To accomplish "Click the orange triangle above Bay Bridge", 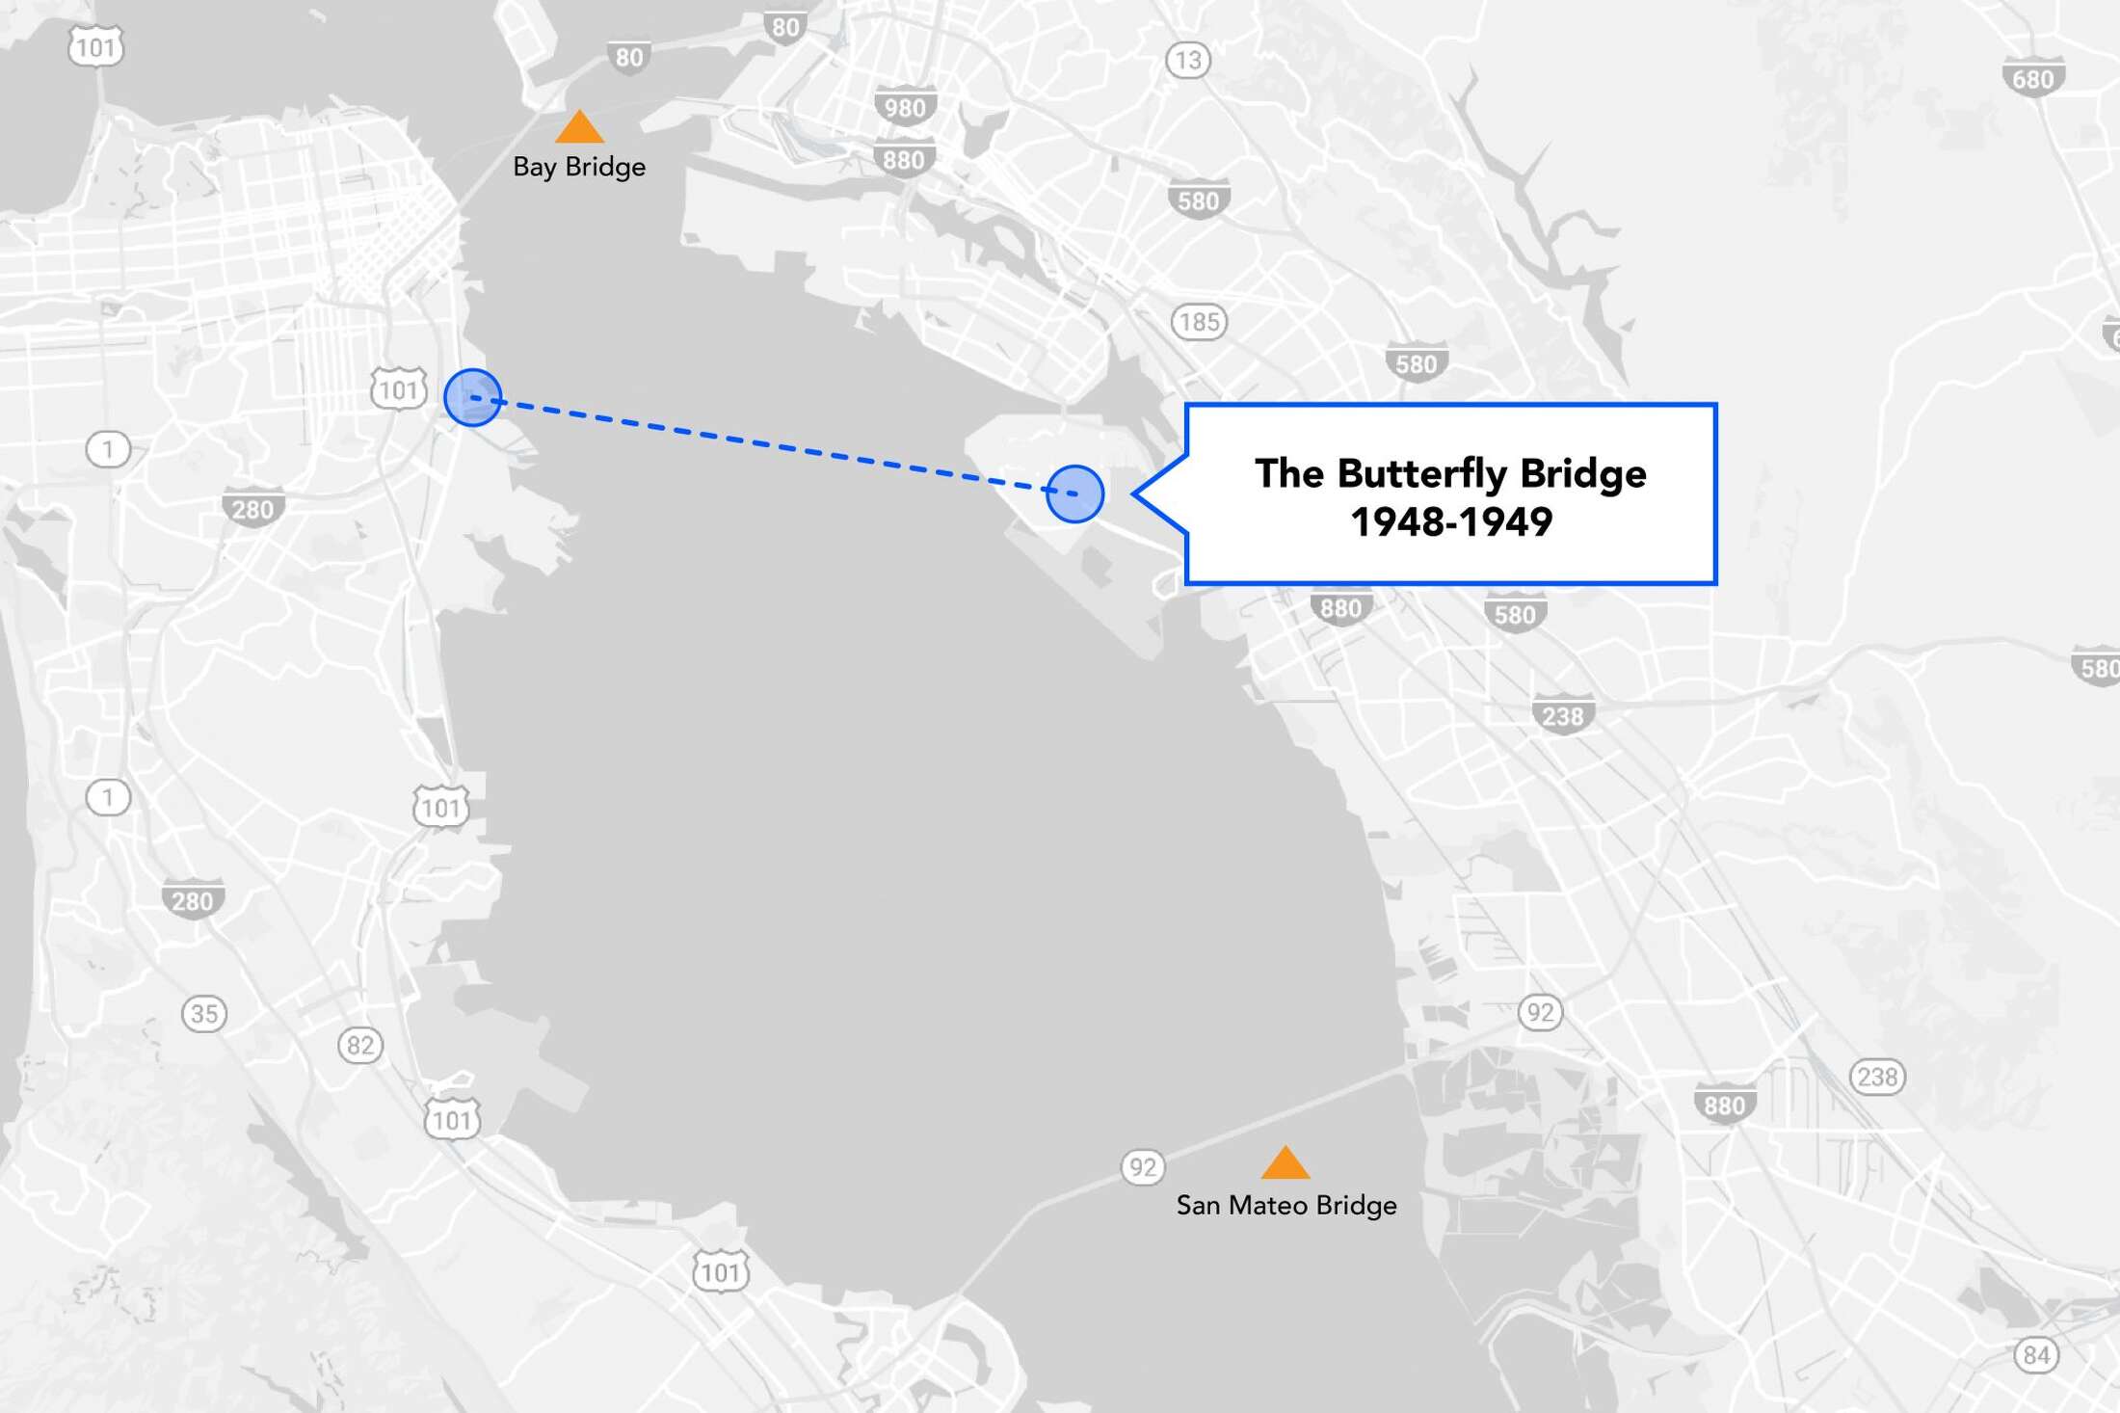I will (579, 128).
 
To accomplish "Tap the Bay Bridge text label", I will (579, 167).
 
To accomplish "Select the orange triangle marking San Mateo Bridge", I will (1285, 1163).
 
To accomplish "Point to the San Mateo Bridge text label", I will (1286, 1205).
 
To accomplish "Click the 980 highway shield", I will (904, 107).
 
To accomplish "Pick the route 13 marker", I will (1188, 61).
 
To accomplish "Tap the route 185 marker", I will (1199, 321).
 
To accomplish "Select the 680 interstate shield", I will (2032, 79).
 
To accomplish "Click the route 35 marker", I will (204, 1013).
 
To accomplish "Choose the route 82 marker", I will (360, 1045).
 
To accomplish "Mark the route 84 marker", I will (2036, 1355).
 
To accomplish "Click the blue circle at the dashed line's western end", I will (472, 397).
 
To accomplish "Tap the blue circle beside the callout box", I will (1074, 493).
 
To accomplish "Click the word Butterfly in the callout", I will (1420, 473).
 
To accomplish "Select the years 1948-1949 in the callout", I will (1450, 522).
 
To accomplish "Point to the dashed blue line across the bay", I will (771, 444).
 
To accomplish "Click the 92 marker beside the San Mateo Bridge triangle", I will (1143, 1167).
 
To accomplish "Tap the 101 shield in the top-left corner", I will (95, 47).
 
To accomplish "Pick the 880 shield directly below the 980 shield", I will (903, 160).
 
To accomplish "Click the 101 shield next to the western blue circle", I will (398, 389).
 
